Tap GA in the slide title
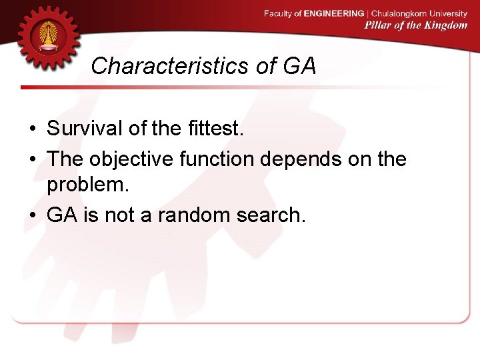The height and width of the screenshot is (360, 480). pos(299,66)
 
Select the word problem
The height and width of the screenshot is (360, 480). pos(87,186)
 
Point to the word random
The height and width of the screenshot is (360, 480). pos(189,214)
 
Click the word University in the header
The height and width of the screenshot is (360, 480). pos(449,13)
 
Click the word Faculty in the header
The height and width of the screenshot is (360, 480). pos(278,13)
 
